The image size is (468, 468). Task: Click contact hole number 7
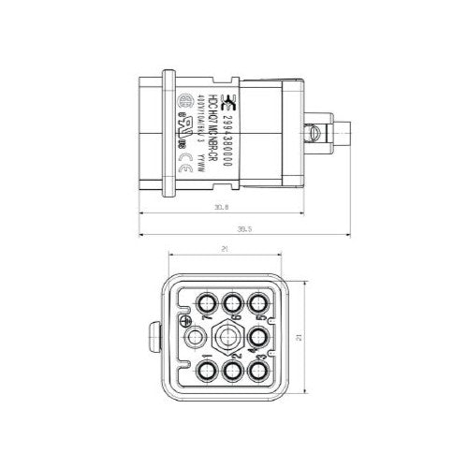pos(204,301)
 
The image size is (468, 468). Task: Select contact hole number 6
pos(232,301)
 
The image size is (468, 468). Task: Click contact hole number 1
pos(204,372)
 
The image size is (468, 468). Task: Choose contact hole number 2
pos(232,372)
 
